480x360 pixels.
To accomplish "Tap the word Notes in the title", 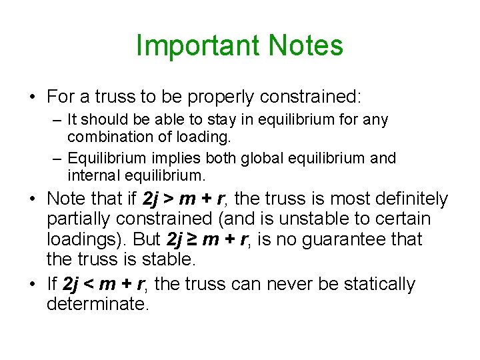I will point(306,46).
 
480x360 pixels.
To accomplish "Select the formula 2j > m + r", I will point(184,199).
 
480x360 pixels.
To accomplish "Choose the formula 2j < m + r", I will point(107,285).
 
